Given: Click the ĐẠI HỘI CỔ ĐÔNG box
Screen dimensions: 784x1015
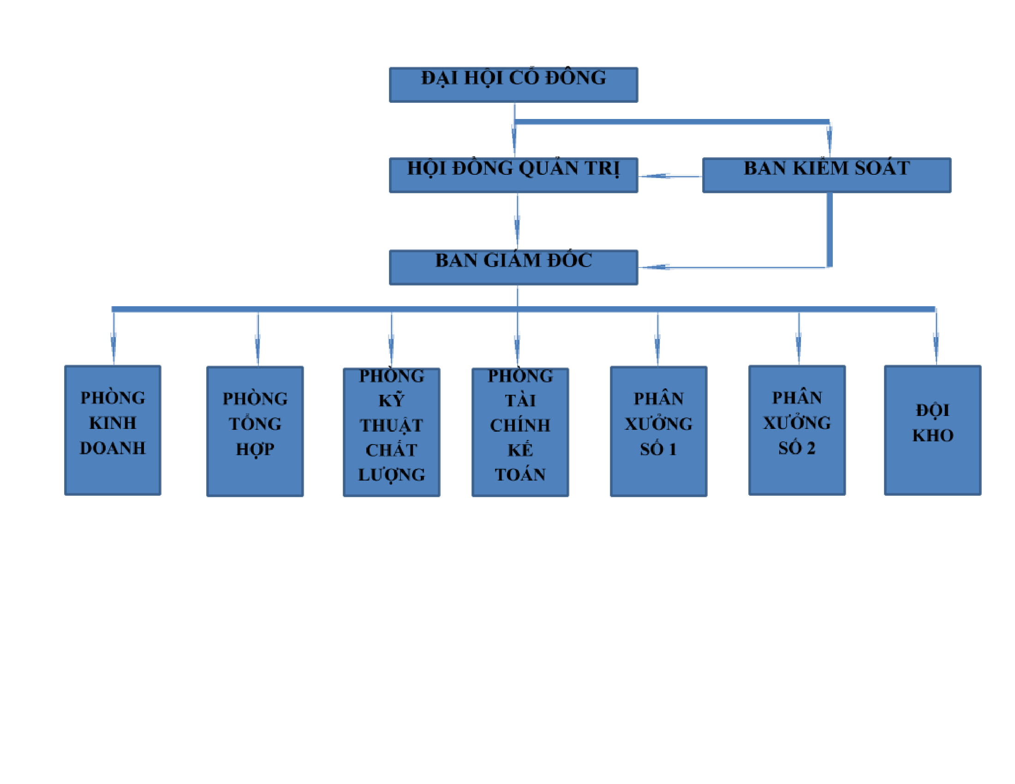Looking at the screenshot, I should tap(513, 85).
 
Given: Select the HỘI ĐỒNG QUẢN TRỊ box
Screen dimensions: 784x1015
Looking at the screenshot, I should tap(513, 176).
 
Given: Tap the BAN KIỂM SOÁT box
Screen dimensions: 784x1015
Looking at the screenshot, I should tap(826, 176).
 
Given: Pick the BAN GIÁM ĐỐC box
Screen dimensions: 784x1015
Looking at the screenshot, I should tap(513, 267).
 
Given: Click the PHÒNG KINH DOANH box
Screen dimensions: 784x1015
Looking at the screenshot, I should tap(113, 430).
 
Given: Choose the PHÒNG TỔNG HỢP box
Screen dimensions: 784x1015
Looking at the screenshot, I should tap(255, 432).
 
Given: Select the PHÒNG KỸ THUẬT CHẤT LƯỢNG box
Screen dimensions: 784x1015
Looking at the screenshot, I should tap(391, 433).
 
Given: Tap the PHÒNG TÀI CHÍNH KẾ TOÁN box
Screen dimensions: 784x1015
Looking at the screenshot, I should tap(520, 433).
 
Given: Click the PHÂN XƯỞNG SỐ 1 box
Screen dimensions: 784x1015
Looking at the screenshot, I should tap(658, 432).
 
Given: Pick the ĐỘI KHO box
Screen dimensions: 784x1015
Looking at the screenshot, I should tap(932, 430).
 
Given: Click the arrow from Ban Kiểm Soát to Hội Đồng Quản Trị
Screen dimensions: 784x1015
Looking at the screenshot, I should tap(669, 176).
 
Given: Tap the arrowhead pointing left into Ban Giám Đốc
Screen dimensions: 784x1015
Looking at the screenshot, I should tap(655, 267).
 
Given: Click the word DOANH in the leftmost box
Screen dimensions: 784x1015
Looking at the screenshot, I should tap(113, 448).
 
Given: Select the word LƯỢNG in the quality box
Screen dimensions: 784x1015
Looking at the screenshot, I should tap(391, 475).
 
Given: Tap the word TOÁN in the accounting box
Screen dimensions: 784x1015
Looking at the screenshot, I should tap(520, 475).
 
